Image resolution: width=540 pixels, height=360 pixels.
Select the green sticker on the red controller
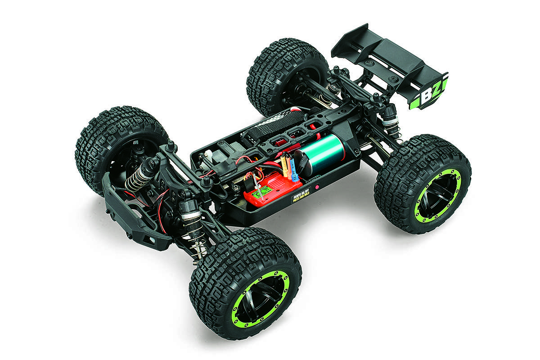pyautogui.click(x=260, y=195)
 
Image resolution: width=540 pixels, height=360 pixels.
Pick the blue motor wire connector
pyautogui.click(x=293, y=169)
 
